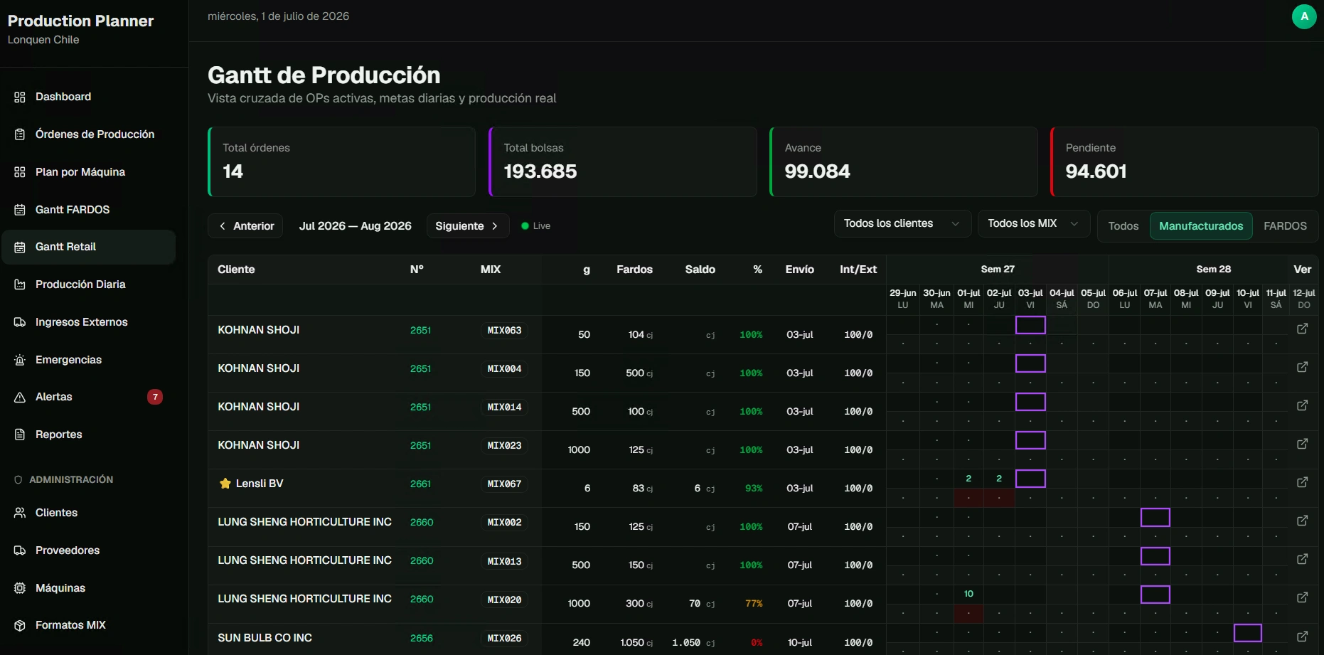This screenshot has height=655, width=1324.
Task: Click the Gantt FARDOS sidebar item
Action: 73,209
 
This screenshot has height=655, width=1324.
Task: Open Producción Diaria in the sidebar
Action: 80,284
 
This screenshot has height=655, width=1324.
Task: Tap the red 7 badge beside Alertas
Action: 155,397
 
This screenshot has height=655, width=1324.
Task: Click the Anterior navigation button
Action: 246,226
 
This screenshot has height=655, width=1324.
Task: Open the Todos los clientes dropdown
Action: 902,224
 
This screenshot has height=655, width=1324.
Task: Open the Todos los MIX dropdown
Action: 1033,224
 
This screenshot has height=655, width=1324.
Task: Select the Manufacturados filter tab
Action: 1201,226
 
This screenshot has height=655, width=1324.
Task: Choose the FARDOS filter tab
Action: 1285,226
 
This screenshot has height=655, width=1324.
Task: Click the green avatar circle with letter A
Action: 1304,16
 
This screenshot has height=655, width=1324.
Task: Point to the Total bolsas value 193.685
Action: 540,171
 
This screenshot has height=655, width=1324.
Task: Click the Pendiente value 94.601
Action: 1096,171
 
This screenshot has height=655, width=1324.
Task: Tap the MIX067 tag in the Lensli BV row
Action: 504,484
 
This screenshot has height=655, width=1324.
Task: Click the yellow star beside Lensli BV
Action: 225,484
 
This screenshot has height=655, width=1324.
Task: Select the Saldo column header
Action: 700,270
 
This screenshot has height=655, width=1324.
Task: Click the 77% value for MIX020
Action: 754,603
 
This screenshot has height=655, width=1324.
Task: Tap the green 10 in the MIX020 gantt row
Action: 968,594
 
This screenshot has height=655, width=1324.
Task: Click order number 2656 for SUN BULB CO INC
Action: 422,638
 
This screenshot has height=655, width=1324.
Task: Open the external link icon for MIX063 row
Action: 1302,329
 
